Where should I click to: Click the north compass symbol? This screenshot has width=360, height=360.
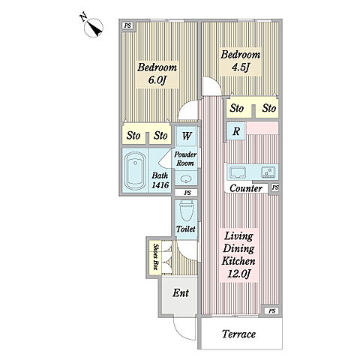pos(94,28)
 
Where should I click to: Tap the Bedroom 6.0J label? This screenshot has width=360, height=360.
pos(157,73)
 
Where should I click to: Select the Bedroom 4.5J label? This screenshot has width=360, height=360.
pos(240,61)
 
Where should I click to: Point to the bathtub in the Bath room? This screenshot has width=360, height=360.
pos(135,171)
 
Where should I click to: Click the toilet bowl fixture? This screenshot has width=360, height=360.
pos(186,211)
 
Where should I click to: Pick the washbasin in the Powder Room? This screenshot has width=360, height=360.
pos(186,179)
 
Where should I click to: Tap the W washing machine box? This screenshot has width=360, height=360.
pos(187,136)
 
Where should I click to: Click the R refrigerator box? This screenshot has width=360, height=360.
pos(236,130)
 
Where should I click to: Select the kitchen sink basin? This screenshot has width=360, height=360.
pos(238,172)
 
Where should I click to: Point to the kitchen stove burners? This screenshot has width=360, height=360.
pos(268,172)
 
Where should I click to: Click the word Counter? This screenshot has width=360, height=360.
pos(246,188)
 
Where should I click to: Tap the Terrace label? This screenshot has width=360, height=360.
pos(238,334)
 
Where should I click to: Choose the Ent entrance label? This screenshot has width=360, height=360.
pos(181,293)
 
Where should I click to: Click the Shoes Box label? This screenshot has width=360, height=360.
pos(156,256)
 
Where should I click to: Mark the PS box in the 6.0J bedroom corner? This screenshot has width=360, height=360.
pos(128,25)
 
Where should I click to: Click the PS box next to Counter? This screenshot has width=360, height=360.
pos(275,187)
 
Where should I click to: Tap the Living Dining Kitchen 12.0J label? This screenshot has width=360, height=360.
pos(238,255)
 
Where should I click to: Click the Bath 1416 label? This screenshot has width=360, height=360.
pos(160,180)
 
